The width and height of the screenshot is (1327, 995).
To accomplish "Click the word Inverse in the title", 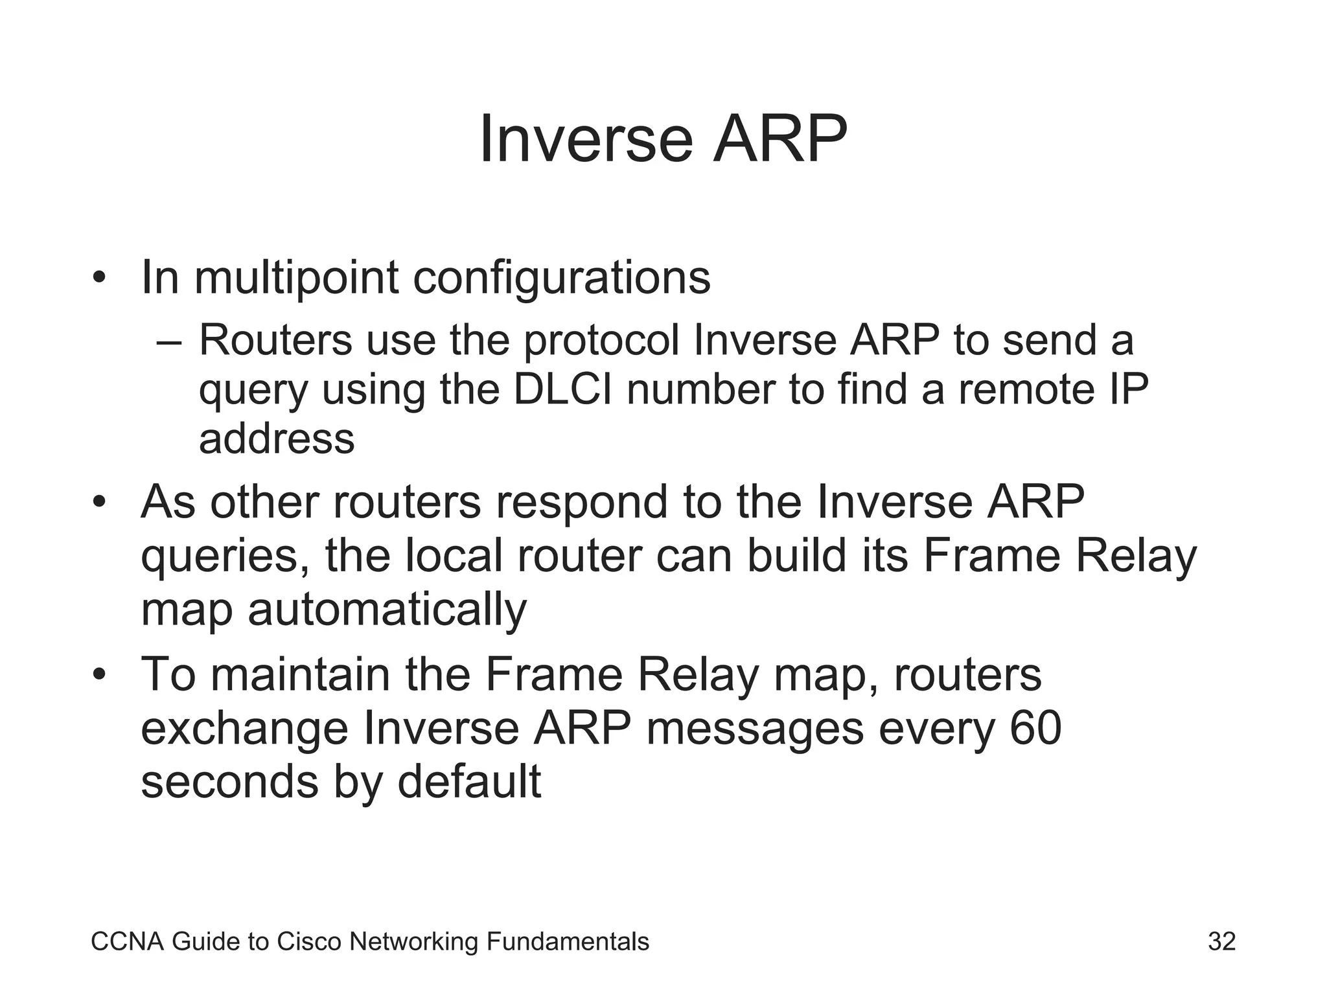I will point(587,140).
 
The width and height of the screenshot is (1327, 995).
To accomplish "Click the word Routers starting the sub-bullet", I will point(275,339).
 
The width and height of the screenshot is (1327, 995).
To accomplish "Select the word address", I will point(277,439).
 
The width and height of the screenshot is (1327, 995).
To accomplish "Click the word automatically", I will point(387,610).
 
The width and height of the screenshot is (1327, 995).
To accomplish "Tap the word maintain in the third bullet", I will point(301,675).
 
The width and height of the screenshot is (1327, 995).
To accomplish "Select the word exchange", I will point(245,729).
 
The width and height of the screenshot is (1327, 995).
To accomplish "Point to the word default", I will point(468,782).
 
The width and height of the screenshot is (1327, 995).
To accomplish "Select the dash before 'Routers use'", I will point(170,341).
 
